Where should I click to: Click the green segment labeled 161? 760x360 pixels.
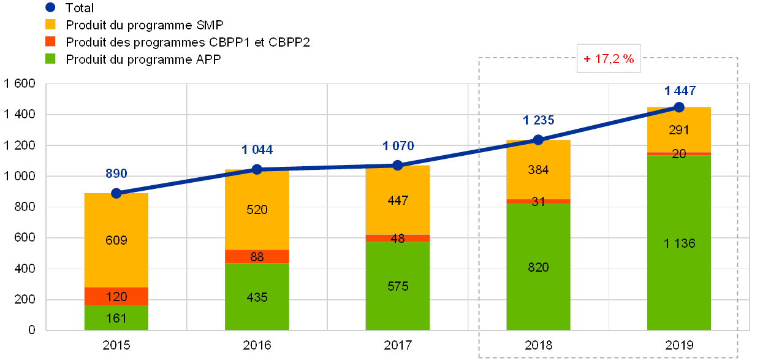click(116, 318)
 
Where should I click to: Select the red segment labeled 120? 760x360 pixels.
click(116, 296)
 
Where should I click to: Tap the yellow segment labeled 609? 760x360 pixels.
click(116, 240)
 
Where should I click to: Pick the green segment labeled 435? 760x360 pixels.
click(257, 296)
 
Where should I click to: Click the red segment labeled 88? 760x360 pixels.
click(257, 256)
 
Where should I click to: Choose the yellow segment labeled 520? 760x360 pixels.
click(257, 210)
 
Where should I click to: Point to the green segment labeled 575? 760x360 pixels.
click(397, 286)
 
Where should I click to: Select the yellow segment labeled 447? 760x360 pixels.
click(397, 200)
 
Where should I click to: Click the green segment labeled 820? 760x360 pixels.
click(538, 267)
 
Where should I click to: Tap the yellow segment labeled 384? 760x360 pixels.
click(538, 170)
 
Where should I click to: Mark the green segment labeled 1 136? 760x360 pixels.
click(679, 243)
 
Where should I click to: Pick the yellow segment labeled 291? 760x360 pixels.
click(679, 129)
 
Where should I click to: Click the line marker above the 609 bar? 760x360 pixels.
click(116, 193)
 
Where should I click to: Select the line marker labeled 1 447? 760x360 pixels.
click(679, 107)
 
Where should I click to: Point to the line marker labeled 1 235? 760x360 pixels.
click(538, 140)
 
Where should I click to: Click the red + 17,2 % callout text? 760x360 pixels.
click(608, 59)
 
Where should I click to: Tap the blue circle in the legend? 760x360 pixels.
click(50, 8)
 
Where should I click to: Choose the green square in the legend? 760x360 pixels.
click(50, 58)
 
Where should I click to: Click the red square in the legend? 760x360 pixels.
click(50, 42)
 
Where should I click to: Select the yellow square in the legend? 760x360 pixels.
click(50, 25)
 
